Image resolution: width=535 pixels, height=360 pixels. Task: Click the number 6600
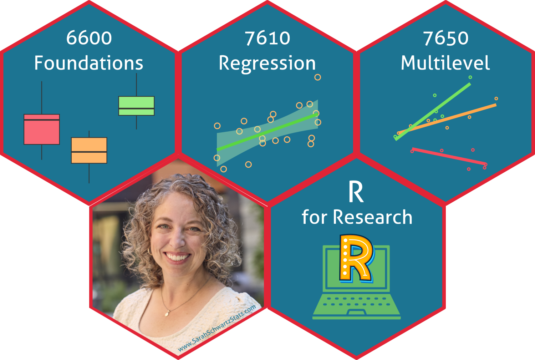(x=89, y=38)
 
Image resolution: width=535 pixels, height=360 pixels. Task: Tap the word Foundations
(x=89, y=63)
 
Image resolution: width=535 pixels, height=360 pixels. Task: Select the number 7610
(x=267, y=38)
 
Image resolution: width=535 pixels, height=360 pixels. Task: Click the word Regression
(x=267, y=64)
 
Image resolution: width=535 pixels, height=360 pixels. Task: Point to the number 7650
(x=445, y=38)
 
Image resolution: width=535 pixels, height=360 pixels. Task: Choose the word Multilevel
(x=445, y=63)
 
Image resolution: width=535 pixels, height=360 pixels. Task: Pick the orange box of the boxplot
(x=89, y=150)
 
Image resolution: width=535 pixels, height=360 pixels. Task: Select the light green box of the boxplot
(x=136, y=106)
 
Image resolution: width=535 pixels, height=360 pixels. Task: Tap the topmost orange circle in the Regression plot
(x=317, y=77)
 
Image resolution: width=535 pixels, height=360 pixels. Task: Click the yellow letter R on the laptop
(x=356, y=258)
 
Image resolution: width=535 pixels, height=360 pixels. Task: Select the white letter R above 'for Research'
(x=356, y=192)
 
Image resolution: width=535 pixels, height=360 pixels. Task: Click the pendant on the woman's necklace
(x=167, y=313)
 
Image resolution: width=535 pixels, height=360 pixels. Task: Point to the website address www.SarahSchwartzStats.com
(x=217, y=329)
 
